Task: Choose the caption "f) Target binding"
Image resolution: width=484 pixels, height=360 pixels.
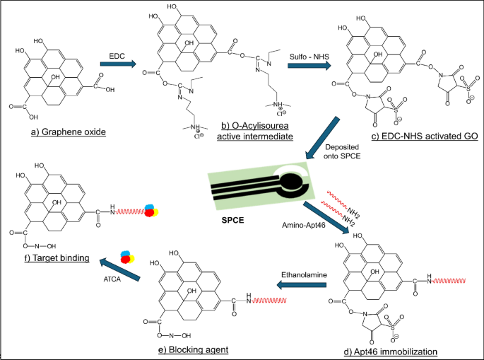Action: [x=49, y=258]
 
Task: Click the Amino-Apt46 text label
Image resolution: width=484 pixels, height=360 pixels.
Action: [x=299, y=223]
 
